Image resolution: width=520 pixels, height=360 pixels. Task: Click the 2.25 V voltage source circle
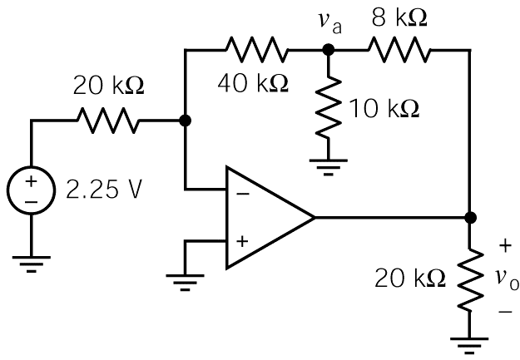31,192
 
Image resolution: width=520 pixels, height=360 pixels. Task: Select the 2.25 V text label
104,190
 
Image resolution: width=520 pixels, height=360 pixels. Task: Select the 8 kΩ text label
399,18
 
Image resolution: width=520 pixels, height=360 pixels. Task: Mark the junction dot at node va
329,51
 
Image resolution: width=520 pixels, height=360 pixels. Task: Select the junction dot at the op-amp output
471,218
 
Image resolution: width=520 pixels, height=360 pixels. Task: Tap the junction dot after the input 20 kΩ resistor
185,121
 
